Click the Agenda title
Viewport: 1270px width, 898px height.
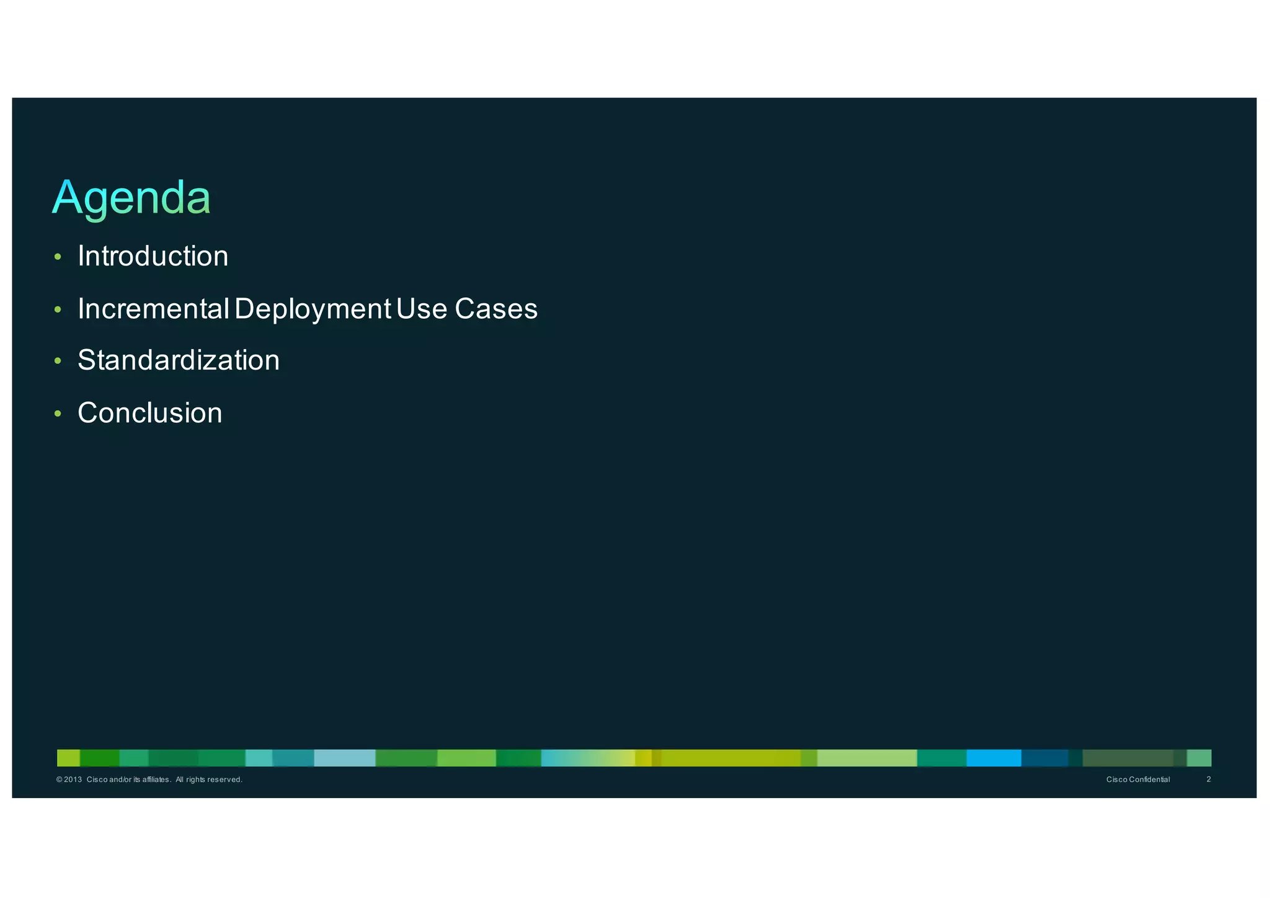(131, 198)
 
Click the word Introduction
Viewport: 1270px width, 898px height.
(153, 256)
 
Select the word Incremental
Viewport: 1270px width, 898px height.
(153, 308)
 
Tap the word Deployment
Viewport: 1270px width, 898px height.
(313, 309)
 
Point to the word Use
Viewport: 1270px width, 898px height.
(422, 309)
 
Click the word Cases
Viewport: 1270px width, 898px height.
(496, 309)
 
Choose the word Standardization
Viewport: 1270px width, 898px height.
(179, 360)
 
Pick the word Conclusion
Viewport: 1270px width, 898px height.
(149, 413)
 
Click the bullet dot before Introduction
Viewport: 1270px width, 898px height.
(58, 257)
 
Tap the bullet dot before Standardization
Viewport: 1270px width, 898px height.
(58, 361)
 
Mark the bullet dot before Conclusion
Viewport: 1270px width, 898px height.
(58, 414)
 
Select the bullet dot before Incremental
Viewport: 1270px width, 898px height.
(58, 309)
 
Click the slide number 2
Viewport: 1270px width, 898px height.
(1209, 779)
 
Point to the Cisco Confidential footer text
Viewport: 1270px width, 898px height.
(1138, 780)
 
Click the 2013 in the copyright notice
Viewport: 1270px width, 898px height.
(73, 780)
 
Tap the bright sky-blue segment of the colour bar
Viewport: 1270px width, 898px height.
(993, 758)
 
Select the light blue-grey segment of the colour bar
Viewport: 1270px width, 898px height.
(344, 758)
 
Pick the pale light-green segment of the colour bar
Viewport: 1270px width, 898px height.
(866, 758)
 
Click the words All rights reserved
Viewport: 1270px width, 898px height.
(209, 780)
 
